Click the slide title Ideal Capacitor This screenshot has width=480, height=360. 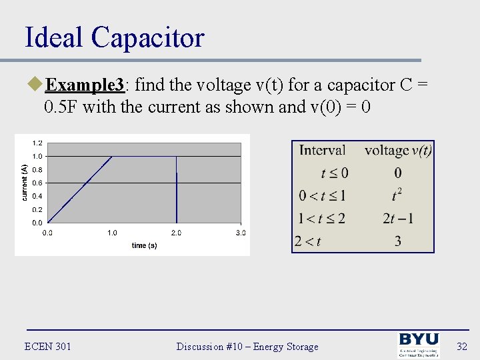[x=114, y=37]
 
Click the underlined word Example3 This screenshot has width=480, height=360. [x=85, y=85]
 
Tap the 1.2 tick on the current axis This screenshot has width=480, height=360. [x=37, y=143]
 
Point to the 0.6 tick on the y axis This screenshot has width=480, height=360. [x=37, y=183]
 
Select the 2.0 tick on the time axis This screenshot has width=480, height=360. [x=176, y=233]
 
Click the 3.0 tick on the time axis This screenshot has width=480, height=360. [x=240, y=233]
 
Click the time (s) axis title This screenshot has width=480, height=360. [x=144, y=245]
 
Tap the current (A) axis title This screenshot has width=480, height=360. [x=24, y=182]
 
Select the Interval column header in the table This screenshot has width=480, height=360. [x=322, y=151]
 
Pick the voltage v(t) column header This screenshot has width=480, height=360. [x=398, y=151]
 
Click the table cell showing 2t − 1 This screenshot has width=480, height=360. [x=398, y=219]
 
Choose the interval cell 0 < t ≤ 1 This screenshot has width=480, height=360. [x=322, y=196]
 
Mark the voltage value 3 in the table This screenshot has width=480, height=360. [x=398, y=241]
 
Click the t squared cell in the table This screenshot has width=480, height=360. [x=398, y=195]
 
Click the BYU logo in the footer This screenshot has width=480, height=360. [x=419, y=345]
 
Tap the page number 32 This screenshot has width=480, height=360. [x=461, y=346]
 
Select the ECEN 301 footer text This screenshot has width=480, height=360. [x=47, y=346]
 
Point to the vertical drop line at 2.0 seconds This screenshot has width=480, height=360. [x=176, y=193]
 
